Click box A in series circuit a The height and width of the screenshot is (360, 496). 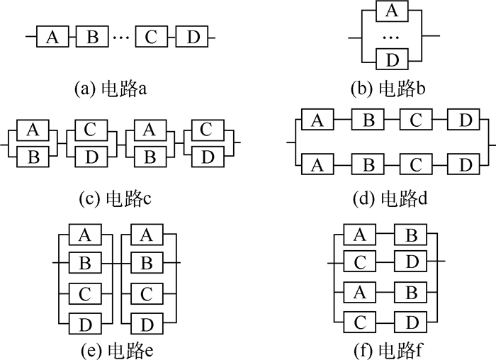pos(52,37)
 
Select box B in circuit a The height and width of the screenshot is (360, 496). pos(92,37)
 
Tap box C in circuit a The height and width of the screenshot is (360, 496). pos(151,37)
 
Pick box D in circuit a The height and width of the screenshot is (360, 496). pos(192,37)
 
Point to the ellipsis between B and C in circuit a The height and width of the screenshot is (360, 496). pos(121,38)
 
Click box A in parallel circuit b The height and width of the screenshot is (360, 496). pos(392,11)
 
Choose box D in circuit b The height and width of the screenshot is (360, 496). pos(392,59)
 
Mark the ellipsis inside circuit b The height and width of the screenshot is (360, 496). pos(391,38)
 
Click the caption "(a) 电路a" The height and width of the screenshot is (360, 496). pos(111,89)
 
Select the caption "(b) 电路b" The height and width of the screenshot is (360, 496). pos(388,89)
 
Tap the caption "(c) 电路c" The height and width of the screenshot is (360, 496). pos(115,198)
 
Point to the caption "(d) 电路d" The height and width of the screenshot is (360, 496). pos(390,198)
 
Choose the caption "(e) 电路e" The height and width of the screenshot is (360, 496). pos(118,351)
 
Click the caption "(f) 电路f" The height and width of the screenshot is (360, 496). pos(388,351)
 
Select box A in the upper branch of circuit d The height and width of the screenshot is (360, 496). pos(317,119)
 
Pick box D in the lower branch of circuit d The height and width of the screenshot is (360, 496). pos(463,164)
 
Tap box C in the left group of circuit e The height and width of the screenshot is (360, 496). pos(85,293)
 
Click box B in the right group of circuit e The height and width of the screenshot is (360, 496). pos(147,263)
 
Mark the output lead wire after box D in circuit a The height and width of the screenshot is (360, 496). pos(212,38)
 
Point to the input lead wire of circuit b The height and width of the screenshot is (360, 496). pos(355,38)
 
